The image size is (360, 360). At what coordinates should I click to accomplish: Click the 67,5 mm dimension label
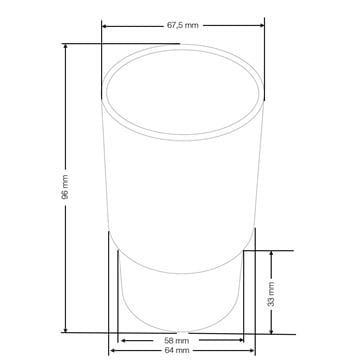point(182,25)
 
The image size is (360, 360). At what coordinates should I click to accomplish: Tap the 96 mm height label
point(65,187)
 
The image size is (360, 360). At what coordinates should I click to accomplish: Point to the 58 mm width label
point(177,341)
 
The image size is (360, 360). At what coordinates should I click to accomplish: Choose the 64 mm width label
point(177,350)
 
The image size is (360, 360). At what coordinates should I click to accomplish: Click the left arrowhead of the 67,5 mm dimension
point(104,26)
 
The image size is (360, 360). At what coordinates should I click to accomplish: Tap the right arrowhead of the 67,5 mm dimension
point(262,25)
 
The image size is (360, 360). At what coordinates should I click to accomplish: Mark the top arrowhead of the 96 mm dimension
point(65,46)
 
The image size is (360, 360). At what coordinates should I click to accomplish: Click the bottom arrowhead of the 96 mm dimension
point(65,330)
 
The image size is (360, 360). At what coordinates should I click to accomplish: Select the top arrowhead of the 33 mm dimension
point(271,254)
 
